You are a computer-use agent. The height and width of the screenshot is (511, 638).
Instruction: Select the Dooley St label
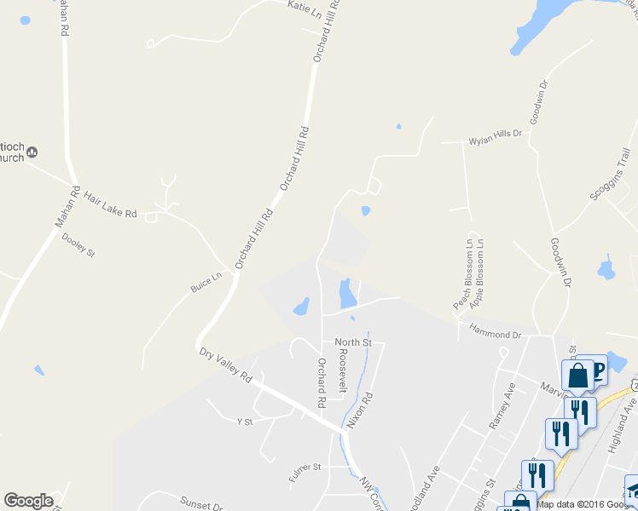78,246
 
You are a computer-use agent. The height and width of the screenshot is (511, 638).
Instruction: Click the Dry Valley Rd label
226,365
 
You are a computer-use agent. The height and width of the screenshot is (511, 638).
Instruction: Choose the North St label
353,342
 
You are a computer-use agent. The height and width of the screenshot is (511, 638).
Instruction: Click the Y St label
245,421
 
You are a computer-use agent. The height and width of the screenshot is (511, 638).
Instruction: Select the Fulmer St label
304,468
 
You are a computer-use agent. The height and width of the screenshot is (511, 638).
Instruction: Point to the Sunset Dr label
201,502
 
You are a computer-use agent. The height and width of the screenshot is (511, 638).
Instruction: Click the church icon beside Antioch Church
32,152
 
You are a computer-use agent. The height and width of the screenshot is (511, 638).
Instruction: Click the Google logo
28,501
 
